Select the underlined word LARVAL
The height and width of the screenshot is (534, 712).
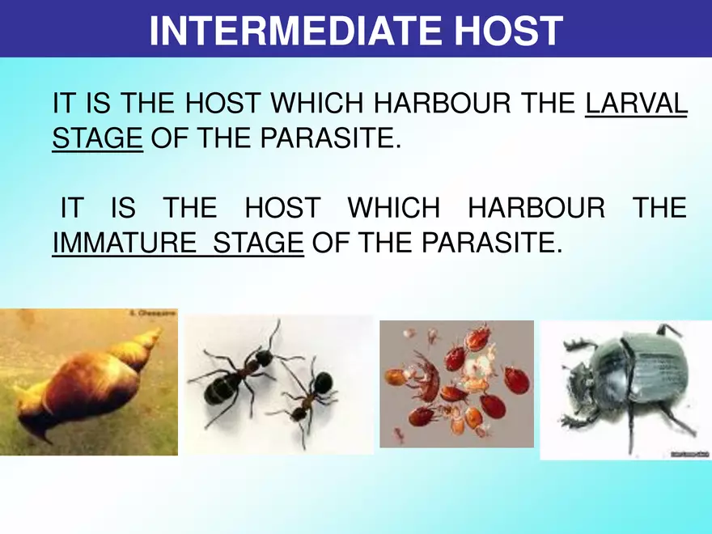tap(635, 104)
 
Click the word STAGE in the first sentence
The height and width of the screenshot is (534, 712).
tap(97, 138)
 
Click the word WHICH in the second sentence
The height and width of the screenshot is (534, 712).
tap(393, 208)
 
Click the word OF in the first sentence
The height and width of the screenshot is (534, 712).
tap(166, 138)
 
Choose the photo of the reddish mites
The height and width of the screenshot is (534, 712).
tap(456, 384)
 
